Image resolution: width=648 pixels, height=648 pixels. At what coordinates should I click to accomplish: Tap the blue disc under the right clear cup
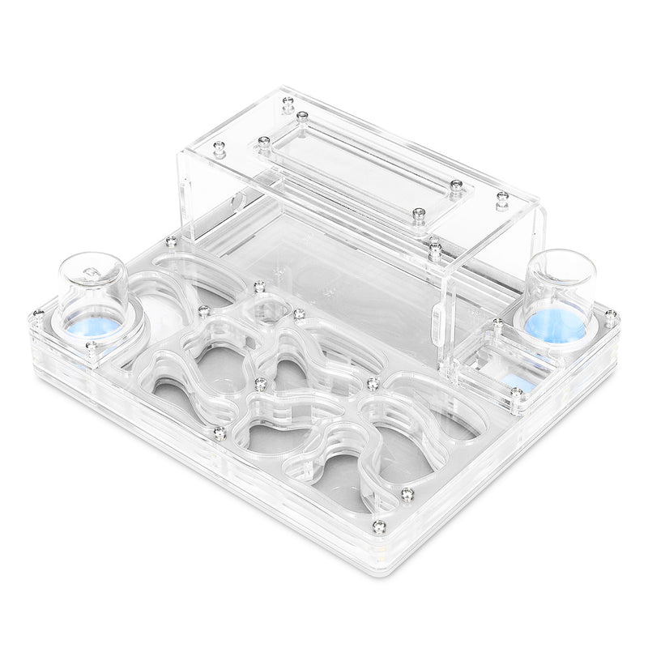[x=556, y=323]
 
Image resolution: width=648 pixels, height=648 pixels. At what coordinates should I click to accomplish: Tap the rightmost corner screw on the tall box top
[x=502, y=197]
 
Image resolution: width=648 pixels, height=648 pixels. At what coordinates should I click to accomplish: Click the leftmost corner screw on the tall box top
[x=219, y=147]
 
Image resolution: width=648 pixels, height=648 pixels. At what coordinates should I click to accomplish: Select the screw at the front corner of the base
[x=379, y=526]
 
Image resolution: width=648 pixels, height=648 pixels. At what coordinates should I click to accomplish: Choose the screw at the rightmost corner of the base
[x=610, y=314]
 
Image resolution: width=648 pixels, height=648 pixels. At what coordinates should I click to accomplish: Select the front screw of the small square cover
[x=516, y=393]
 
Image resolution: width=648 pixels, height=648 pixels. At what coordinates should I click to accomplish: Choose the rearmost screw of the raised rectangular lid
[x=302, y=117]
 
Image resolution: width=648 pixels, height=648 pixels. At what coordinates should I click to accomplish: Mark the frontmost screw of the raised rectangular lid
[x=419, y=213]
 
